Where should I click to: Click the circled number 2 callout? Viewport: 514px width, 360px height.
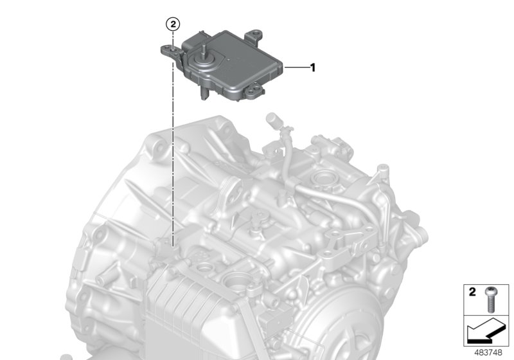point(173,24)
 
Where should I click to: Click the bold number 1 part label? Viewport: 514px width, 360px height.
point(313,67)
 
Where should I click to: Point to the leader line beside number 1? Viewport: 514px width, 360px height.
point(296,67)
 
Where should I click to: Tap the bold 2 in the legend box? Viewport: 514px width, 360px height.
point(472,292)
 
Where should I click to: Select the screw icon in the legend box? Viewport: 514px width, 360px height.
point(490,299)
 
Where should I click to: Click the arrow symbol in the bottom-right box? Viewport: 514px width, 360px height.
point(486,330)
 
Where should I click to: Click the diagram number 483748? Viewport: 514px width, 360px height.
point(488,353)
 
